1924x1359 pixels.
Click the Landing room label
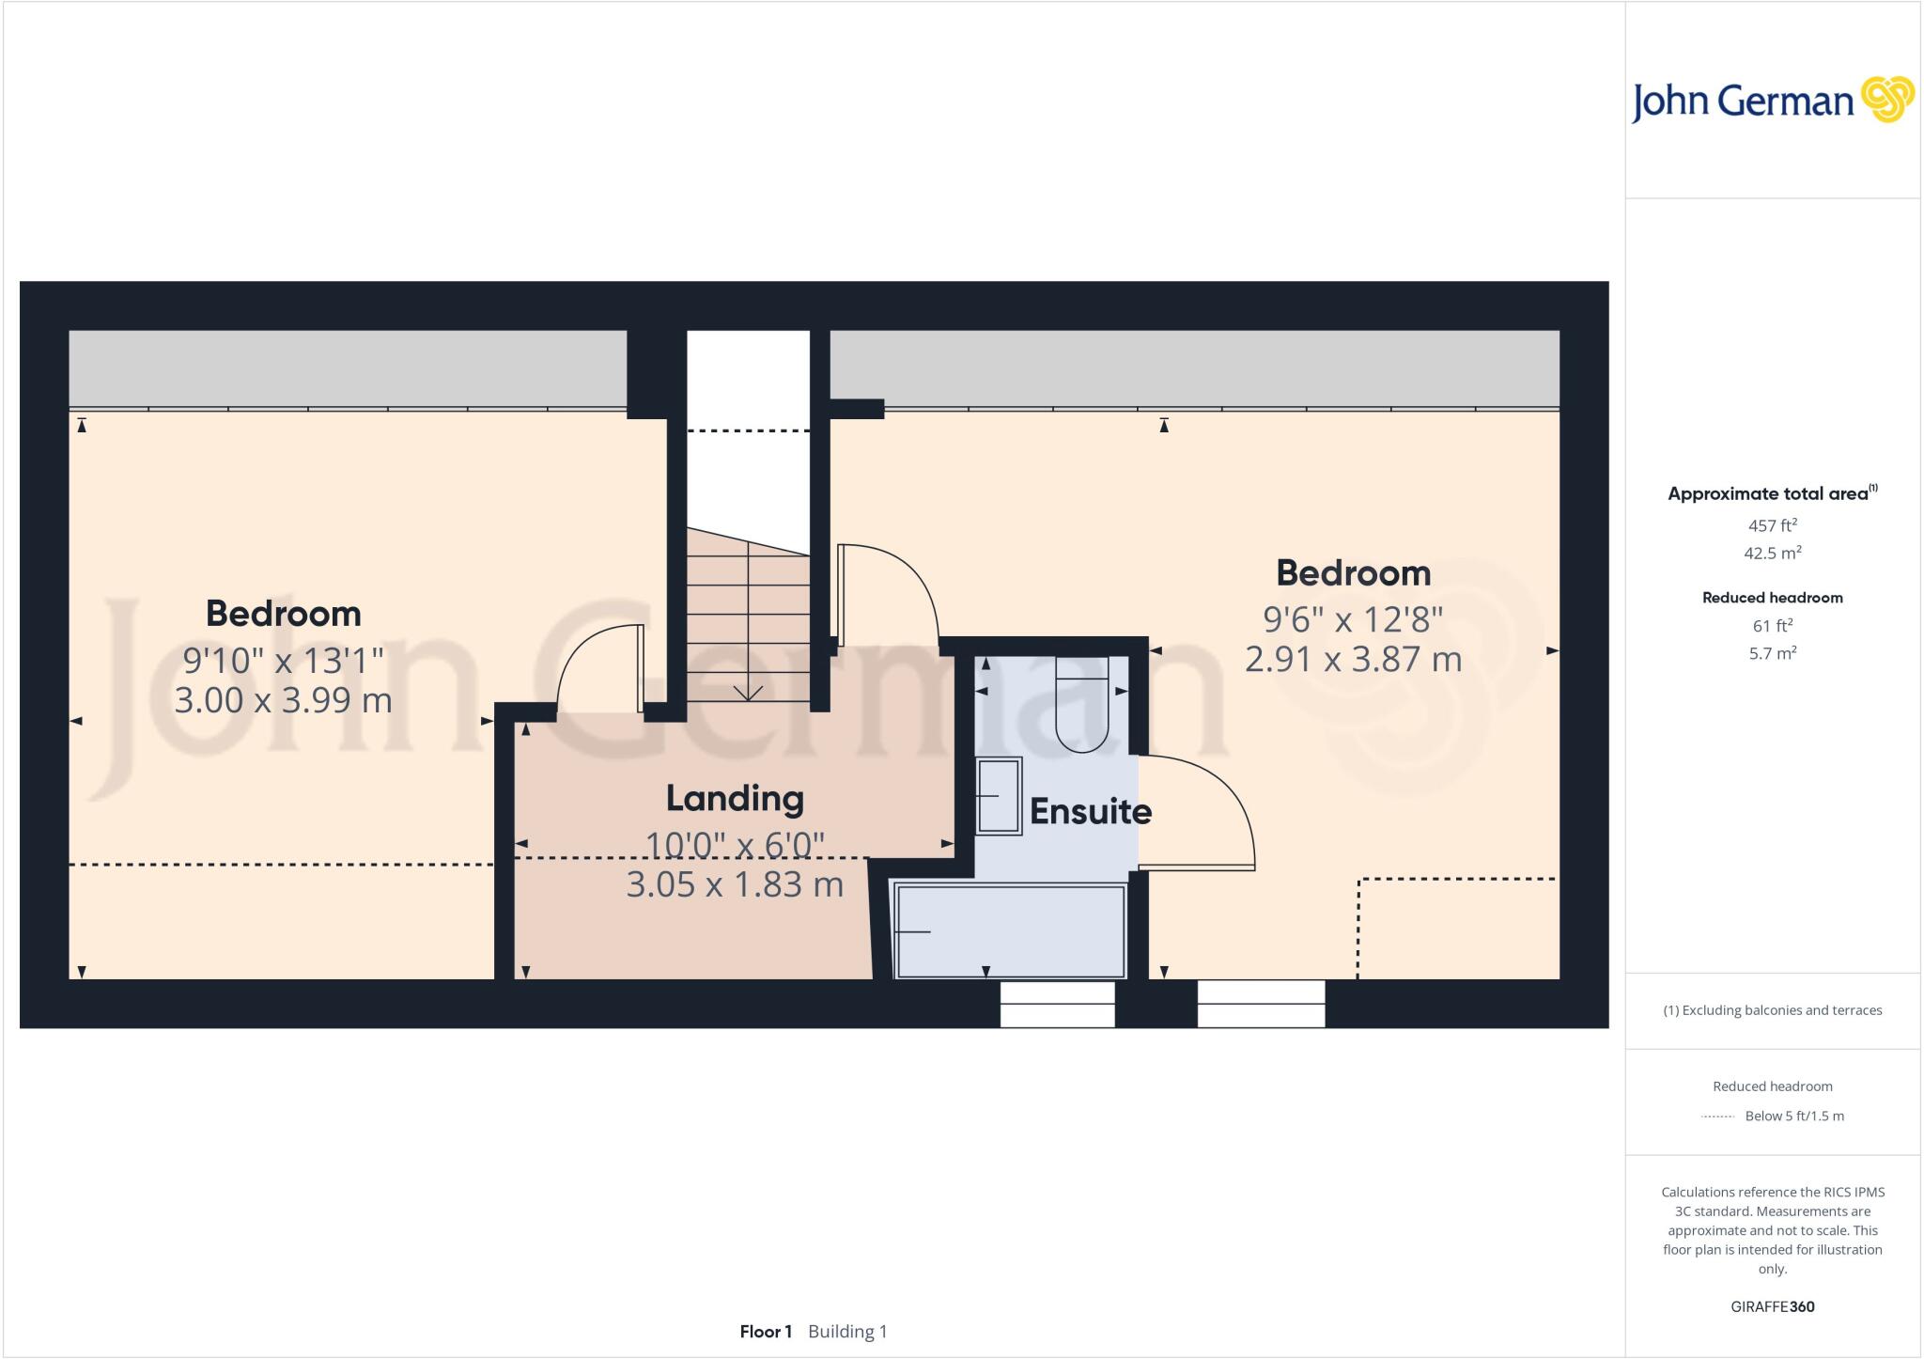click(x=735, y=799)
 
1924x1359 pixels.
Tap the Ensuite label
click(x=1090, y=811)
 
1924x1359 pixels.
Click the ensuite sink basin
click(x=998, y=796)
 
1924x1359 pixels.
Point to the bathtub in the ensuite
click(x=1010, y=931)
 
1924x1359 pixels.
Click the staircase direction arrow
click(x=748, y=693)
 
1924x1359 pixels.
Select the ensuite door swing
click(x=1198, y=813)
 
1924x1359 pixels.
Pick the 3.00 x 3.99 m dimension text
click(x=283, y=700)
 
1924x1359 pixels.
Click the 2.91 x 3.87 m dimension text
click(x=1353, y=659)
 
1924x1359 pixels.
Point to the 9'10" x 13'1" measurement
click(x=283, y=660)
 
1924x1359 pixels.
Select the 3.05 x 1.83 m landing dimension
click(x=735, y=884)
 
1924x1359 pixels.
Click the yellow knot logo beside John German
click(x=1887, y=100)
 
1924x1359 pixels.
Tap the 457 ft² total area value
click(x=1772, y=525)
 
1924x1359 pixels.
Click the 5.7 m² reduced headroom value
click(x=1772, y=653)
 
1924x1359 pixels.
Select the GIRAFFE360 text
click(x=1772, y=1306)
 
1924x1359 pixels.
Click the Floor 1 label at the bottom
click(x=766, y=1332)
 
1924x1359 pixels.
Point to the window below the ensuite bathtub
click(x=1057, y=1004)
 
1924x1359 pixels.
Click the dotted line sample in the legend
click(x=1717, y=1117)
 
